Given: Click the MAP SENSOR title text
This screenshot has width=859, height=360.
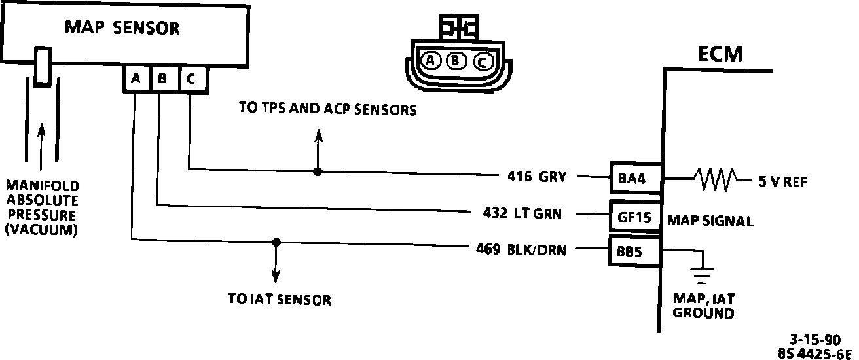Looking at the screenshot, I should point(122,27).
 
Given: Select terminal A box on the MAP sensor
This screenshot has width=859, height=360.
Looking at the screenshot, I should point(136,79).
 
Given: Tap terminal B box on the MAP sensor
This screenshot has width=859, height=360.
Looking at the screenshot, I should point(163,79).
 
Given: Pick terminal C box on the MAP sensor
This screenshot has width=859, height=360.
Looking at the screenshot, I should point(191,79).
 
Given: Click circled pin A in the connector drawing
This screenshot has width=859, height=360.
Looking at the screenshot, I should point(430,61).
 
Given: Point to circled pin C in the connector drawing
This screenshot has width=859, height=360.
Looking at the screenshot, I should point(481,62).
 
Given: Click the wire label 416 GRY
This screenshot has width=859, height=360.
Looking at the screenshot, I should point(536,176).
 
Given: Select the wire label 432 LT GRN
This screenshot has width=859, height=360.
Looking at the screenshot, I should point(521,213).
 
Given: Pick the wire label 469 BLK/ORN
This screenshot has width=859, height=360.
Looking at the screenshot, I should point(521,249).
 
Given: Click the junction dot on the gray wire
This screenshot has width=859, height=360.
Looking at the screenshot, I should point(318,172).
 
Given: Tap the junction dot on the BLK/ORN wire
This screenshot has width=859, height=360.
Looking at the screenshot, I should point(276,242).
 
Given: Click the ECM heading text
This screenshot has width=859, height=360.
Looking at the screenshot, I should point(720,54).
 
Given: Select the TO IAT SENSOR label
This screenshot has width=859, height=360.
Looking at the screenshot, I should point(280,300).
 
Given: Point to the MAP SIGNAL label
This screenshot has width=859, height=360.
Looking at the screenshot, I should point(710,221).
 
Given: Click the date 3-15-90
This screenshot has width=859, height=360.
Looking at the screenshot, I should point(814,340).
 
